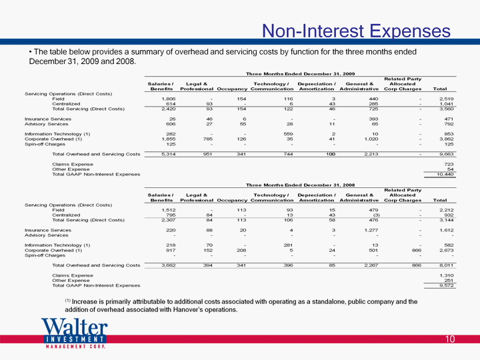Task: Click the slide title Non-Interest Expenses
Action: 356,31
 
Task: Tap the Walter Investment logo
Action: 75,333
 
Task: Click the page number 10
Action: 450,339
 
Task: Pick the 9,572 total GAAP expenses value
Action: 447,285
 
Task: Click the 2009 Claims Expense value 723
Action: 449,164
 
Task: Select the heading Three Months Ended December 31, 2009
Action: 300,74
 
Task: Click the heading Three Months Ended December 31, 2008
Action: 300,185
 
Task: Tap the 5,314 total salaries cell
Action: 169,154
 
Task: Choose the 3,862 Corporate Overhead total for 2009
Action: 446,139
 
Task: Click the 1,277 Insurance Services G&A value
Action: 371,230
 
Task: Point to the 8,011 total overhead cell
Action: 446,265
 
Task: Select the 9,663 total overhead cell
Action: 446,154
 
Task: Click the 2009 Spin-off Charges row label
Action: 45,144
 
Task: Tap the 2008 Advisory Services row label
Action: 47,235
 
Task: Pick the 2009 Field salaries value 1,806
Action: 169,99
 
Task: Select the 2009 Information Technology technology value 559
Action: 289,134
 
